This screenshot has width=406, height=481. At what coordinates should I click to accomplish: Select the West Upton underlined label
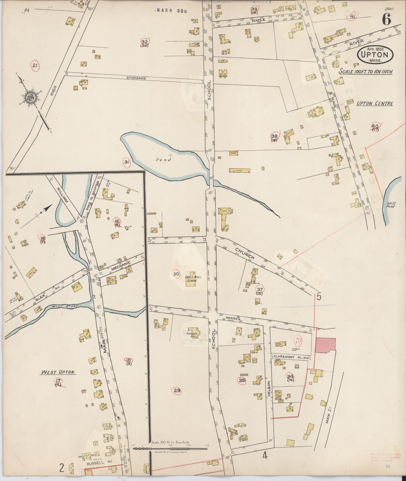point(59,372)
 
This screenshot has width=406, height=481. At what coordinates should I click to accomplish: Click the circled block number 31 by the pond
point(127,162)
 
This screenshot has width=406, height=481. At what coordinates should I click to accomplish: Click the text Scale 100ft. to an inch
point(365,72)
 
